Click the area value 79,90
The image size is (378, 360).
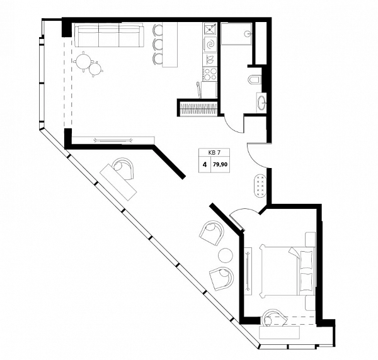click(220, 165)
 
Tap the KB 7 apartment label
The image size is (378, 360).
click(214, 152)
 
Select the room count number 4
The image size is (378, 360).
click(205, 165)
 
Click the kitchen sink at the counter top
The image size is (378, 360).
click(210, 28)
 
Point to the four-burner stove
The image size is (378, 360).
click(210, 74)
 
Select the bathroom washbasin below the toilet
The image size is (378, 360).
click(261, 103)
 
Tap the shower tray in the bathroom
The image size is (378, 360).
click(236, 34)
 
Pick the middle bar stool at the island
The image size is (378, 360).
click(157, 44)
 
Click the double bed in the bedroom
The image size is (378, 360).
click(287, 270)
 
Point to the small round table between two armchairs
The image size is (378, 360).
click(226, 256)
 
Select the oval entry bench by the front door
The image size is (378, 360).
click(260, 186)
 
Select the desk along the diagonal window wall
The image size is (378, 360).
click(118, 182)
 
